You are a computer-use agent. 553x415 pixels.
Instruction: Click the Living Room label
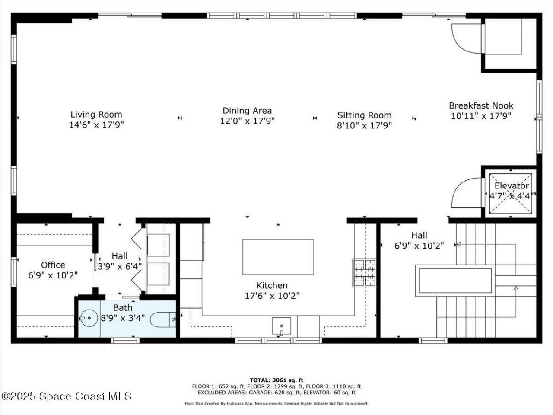(96, 115)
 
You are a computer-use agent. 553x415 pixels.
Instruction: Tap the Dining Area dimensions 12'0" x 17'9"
(247, 121)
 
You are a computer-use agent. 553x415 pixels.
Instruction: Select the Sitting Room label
(364, 115)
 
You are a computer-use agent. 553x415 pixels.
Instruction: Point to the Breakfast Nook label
(481, 105)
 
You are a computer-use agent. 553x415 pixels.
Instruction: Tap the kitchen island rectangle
(278, 257)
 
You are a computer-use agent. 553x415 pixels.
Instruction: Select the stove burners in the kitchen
(364, 273)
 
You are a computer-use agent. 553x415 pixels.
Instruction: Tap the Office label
(53, 265)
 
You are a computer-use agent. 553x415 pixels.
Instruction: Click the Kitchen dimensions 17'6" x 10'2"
(272, 296)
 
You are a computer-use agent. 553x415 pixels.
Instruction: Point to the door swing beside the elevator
(465, 193)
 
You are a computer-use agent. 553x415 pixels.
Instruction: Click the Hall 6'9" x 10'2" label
(419, 240)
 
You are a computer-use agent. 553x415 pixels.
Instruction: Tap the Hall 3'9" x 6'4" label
(119, 261)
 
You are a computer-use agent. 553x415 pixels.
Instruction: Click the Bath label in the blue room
(123, 308)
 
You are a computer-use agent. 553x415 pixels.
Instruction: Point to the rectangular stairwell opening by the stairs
(454, 281)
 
